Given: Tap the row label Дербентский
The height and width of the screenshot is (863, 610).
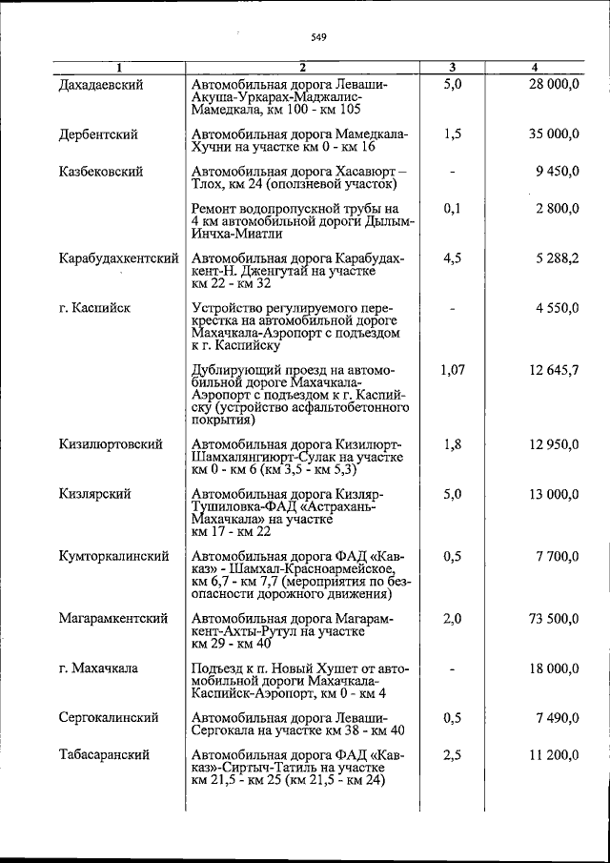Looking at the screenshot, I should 97,134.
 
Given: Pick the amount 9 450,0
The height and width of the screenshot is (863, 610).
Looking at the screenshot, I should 557,172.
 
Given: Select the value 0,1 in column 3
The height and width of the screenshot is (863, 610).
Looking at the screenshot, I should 452,208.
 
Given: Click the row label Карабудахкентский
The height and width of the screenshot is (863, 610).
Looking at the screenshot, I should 118,258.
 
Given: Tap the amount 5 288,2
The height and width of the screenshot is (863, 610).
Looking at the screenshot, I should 557,258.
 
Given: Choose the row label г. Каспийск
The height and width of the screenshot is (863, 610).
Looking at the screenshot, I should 93,308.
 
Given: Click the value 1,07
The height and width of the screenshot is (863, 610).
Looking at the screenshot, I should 452,370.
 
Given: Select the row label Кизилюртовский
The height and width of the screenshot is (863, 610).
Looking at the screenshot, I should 110,444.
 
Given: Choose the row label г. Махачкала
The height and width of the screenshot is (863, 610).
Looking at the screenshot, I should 97,668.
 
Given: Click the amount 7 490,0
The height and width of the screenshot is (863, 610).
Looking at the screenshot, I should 557,717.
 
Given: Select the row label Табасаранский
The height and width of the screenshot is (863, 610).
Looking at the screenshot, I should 104,754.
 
